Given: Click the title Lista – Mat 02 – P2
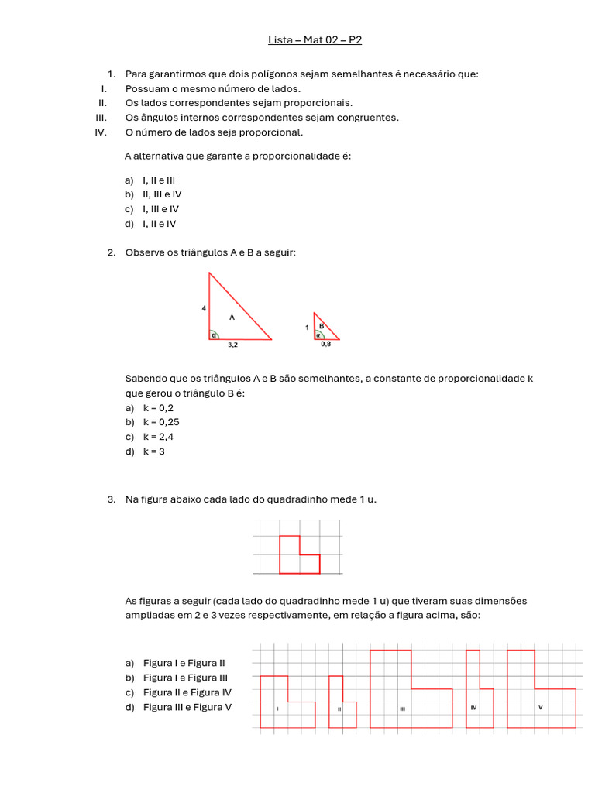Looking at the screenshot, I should pos(315,39).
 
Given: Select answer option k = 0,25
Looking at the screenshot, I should pos(161,422).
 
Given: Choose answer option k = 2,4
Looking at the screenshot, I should pos(158,437).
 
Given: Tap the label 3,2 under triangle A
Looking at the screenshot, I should pos(232,346).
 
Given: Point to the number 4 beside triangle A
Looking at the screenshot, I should pos(204,308).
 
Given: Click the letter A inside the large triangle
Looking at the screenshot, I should pos(231,317).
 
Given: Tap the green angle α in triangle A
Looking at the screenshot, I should pos(214,335).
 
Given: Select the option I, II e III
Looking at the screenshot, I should pos(159,180).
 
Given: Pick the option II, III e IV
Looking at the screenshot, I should pos(162,194).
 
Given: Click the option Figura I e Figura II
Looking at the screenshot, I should pos(184,663).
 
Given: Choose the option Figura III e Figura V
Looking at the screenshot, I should pos(187,707).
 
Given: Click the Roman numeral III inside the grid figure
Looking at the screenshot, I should pos(402,709).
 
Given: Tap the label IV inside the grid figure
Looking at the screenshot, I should pos(473,708).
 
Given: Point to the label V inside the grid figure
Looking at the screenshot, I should pos(540,707).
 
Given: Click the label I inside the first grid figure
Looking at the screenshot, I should pos(277,709).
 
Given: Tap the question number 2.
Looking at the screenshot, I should pos(111,252).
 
